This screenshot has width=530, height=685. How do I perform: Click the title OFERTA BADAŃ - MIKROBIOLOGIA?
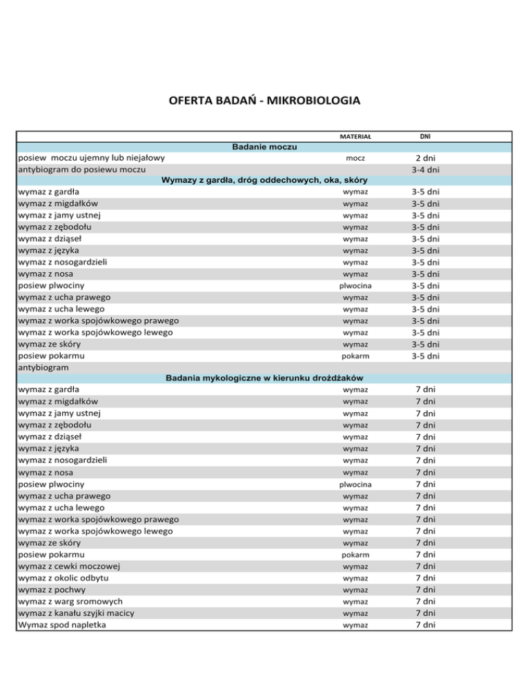(x=264, y=101)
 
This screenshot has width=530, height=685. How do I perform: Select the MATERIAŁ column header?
(x=355, y=137)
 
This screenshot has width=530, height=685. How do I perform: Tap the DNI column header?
(x=425, y=136)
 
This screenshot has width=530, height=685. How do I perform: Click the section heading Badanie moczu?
(x=265, y=147)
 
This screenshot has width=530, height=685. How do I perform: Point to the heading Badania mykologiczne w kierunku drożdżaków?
(x=265, y=378)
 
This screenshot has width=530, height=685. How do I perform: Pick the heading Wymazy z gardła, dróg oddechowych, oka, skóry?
(x=265, y=181)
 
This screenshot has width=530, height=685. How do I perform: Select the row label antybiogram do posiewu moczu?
(x=81, y=170)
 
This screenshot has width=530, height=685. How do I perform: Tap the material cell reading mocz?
(x=355, y=159)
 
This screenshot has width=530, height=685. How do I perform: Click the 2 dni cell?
(x=425, y=159)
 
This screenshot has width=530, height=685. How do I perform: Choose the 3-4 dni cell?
(x=425, y=170)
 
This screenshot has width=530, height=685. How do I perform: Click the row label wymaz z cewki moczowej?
(x=69, y=566)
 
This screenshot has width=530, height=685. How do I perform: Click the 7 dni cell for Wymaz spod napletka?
(x=425, y=624)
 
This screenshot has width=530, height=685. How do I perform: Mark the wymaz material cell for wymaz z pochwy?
(x=355, y=590)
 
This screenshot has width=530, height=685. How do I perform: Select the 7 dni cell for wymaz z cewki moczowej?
(x=425, y=566)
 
